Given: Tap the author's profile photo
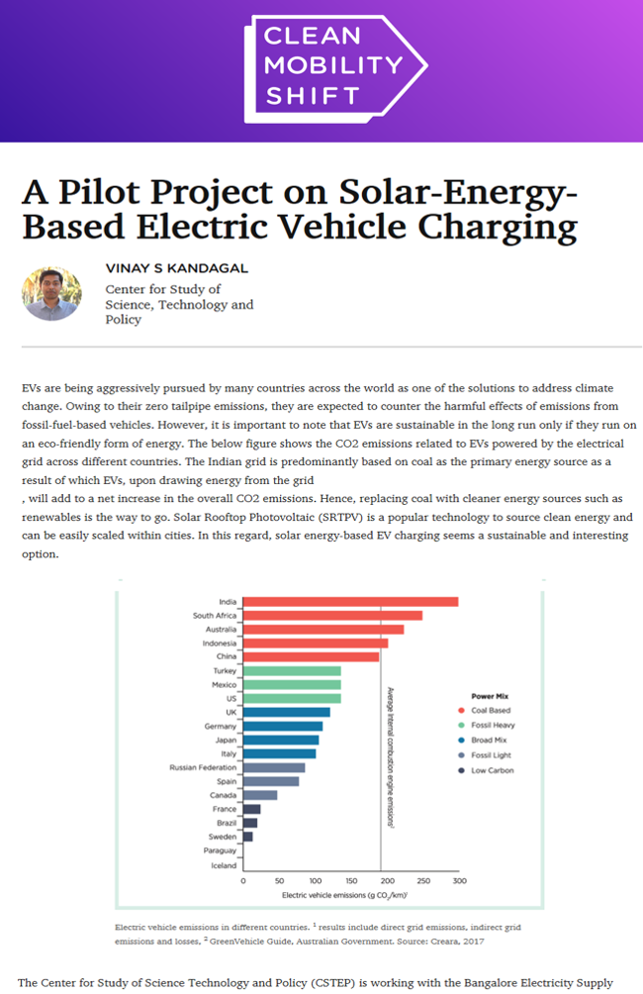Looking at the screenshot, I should (x=51, y=293).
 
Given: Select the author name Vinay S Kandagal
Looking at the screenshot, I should (x=176, y=267).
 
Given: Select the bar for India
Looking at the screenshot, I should (x=350, y=601).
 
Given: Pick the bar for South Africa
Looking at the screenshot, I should (x=332, y=615).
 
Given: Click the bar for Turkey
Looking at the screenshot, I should (x=292, y=670).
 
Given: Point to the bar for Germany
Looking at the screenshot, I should (x=283, y=726).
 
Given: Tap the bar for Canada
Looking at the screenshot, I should (x=260, y=795).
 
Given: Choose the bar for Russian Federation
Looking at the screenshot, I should (x=274, y=767).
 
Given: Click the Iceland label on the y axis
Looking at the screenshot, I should (x=224, y=865).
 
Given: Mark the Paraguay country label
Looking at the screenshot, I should (x=220, y=851).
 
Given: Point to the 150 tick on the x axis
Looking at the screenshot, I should (x=350, y=880).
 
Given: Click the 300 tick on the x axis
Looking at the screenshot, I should (x=458, y=880).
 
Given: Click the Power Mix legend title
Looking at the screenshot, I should (x=491, y=695).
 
